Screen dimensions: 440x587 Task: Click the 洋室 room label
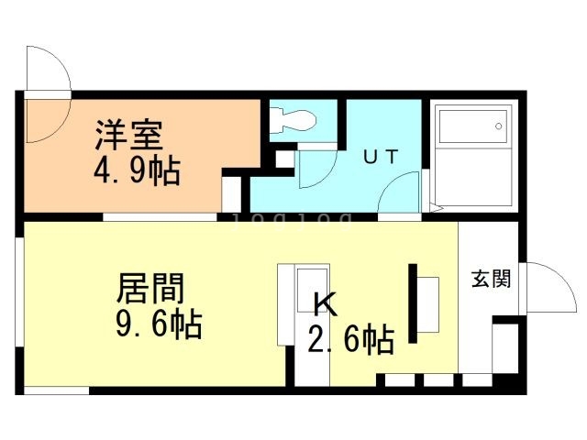[x=129, y=136]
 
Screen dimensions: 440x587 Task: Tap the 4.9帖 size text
[x=135, y=170]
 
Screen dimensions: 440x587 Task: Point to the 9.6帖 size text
[x=158, y=324]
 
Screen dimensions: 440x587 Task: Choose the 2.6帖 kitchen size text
[x=350, y=340]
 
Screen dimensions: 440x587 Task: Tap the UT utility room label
[x=380, y=156]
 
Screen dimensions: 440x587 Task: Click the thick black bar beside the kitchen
[x=414, y=303]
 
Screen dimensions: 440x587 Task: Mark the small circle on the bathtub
[x=499, y=126]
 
